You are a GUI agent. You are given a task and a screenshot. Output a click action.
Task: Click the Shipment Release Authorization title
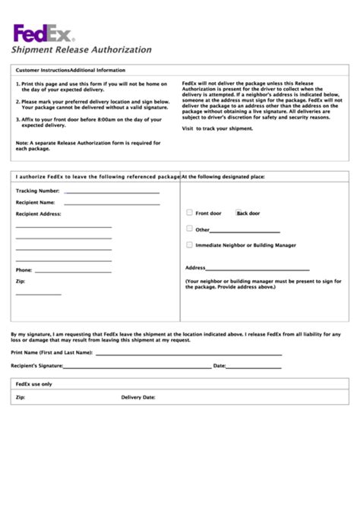coord(81,49)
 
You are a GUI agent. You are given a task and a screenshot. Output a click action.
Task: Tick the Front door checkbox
coord(190,213)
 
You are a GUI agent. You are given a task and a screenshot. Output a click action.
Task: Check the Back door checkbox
coord(238,213)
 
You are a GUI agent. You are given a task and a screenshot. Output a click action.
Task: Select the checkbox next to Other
coord(190,229)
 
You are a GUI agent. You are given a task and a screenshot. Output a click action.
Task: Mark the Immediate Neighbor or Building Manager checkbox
coord(190,245)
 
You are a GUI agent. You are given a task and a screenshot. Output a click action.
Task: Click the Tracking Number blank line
coord(112,193)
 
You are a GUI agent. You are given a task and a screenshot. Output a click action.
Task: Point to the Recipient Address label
coord(38,214)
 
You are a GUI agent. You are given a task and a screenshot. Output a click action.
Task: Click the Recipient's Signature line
coord(137,368)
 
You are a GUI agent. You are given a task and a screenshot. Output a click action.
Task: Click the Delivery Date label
coord(138,397)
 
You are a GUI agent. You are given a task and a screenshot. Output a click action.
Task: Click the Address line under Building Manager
coord(258,270)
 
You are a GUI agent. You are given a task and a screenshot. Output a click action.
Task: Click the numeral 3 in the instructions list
coord(17,119)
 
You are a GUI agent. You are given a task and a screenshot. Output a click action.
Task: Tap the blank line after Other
coord(245,231)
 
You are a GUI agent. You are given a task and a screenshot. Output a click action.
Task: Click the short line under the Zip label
coord(38,294)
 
